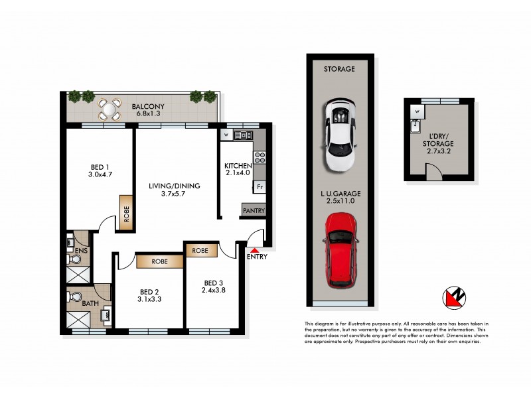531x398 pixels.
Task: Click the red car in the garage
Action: pyautogui.click(x=340, y=250)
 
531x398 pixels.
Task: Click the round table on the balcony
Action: pyautogui.click(x=110, y=107)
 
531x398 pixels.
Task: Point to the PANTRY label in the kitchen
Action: pyautogui.click(x=253, y=211)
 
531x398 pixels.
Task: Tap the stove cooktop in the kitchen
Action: pyautogui.click(x=260, y=158)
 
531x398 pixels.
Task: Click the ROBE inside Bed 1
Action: pyautogui.click(x=125, y=213)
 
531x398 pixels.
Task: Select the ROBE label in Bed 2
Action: pyautogui.click(x=160, y=261)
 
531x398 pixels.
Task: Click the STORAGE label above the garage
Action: pyautogui.click(x=339, y=69)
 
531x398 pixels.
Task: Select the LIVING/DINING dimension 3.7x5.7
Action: pyautogui.click(x=175, y=195)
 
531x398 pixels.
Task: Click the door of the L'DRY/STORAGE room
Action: pyautogui.click(x=433, y=174)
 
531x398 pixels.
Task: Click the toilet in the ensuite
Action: pyautogui.click(x=72, y=243)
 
